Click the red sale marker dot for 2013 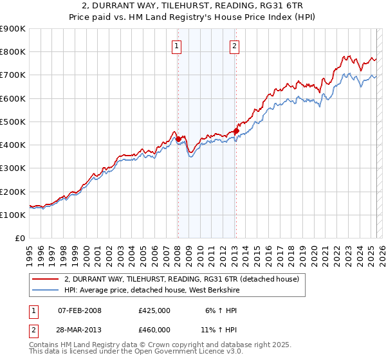236,131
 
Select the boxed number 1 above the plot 176,46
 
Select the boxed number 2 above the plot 234,46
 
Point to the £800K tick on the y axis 13,52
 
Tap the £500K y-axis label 13,122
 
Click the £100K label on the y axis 13,215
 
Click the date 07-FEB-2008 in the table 80,310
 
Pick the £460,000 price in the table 154,329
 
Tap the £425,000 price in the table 154,310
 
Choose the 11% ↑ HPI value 219,329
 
